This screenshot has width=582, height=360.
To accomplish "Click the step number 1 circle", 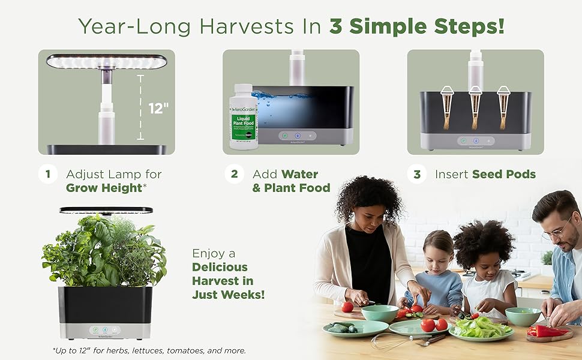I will tap(47, 174).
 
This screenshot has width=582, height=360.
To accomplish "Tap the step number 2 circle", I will tap(234, 174).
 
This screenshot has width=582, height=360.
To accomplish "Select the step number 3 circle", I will tap(416, 174).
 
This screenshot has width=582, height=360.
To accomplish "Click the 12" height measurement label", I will tap(158, 108).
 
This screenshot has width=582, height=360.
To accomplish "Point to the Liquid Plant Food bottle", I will tap(244, 116).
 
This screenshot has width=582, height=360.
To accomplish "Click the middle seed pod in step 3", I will tap(476, 107).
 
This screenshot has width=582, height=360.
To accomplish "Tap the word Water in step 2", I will tap(299, 174).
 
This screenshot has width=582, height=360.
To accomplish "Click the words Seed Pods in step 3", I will tap(503, 174).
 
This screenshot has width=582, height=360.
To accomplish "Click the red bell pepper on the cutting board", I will tap(546, 331).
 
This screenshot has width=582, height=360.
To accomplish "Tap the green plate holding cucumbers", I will tap(347, 328).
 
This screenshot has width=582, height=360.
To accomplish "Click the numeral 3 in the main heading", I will tap(337, 26).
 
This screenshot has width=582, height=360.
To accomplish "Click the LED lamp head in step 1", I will tap(106, 62).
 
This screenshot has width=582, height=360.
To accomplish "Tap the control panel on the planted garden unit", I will tap(105, 329).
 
